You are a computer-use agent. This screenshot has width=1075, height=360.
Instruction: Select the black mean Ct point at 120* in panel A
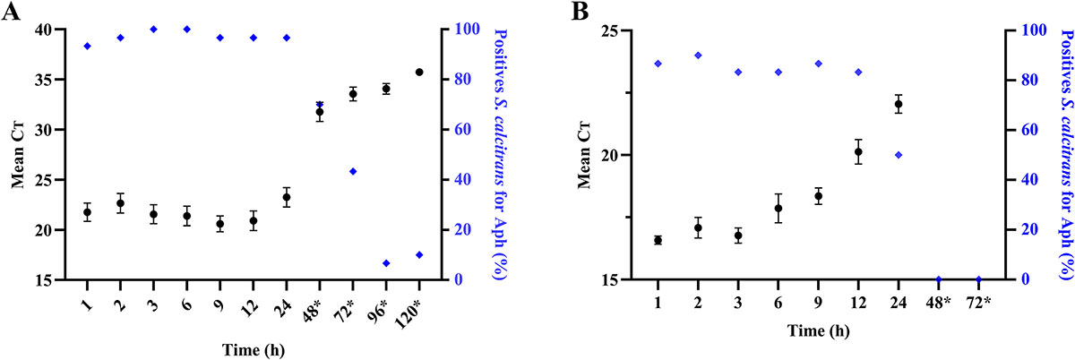point(419,72)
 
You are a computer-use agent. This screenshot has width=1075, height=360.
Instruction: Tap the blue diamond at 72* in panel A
point(353,171)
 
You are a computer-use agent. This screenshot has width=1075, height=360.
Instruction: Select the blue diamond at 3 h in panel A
point(153,30)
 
